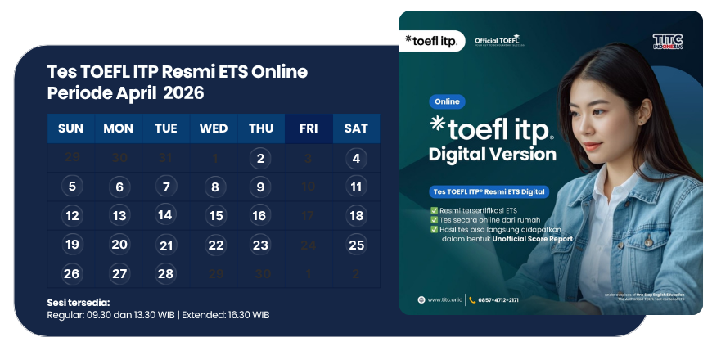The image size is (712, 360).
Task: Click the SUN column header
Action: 71,128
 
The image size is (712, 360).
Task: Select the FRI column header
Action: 309,128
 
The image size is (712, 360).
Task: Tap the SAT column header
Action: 356,128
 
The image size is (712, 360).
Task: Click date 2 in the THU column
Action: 260,159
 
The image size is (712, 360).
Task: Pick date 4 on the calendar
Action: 356,159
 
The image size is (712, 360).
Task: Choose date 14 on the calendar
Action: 165,215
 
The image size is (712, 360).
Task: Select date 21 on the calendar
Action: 166,245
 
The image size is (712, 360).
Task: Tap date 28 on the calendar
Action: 165,273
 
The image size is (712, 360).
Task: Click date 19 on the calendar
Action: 72,244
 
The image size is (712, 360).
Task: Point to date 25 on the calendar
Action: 356,244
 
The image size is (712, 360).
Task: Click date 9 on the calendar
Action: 260,187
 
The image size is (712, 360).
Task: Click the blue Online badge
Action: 447,102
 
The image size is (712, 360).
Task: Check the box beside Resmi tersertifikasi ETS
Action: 434,209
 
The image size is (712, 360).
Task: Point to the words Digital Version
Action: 492,154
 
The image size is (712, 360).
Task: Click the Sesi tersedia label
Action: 78,303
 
